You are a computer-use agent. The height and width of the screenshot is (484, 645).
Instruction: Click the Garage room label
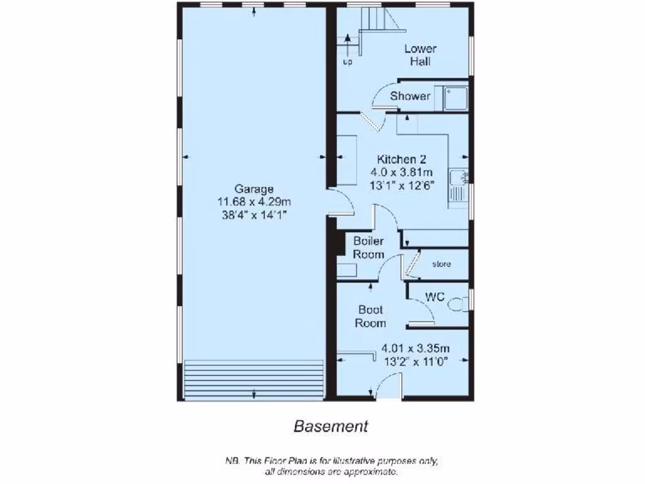coord(254,188)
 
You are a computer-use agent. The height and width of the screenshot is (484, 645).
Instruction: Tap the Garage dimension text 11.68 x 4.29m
coord(254,202)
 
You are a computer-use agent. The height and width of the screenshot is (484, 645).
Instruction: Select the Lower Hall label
coord(420,55)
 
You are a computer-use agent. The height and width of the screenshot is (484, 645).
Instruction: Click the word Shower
coord(410,96)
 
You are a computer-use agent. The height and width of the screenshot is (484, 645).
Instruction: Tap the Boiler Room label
coord(368,248)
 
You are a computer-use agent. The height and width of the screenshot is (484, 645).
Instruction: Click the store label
coord(442,264)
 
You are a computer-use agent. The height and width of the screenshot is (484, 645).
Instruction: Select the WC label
coord(435,296)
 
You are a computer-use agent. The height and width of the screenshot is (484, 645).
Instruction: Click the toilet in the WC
coord(459,306)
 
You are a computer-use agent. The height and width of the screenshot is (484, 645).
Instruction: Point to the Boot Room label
coord(370,316)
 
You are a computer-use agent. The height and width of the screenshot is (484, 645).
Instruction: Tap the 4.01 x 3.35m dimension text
coord(416,349)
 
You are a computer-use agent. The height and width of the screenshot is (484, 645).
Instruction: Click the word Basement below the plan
coord(331,427)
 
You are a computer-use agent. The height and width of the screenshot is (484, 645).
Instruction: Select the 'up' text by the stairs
coord(347,62)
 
